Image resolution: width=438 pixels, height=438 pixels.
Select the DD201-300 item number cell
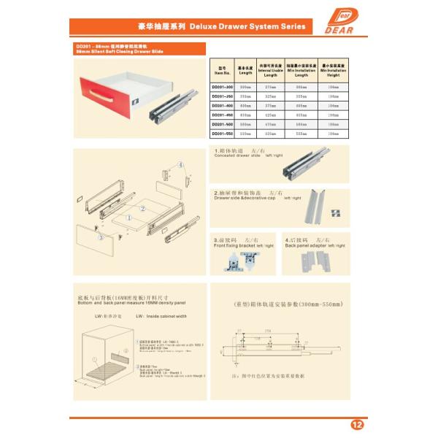[x=222, y=88]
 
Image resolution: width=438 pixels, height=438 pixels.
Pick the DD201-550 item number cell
[x=222, y=134]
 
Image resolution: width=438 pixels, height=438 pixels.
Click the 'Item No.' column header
[x=222, y=70]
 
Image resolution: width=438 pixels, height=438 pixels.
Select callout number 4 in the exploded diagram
[x=177, y=165]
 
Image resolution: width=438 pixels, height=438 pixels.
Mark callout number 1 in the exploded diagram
[x=128, y=217]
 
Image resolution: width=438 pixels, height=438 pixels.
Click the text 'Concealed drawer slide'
[x=237, y=156]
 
